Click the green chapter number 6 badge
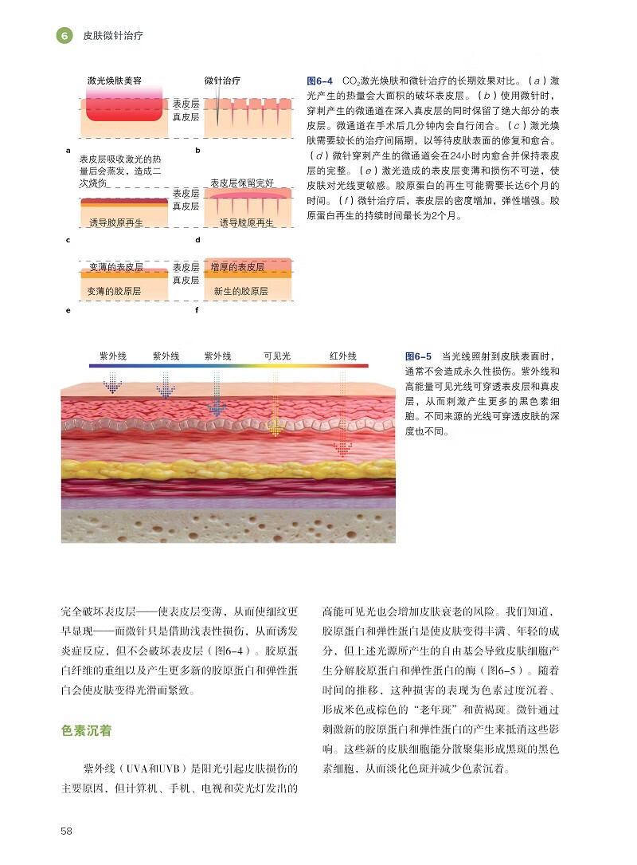64,36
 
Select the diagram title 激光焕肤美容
115,81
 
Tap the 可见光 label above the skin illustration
277,356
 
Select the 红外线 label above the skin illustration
343,356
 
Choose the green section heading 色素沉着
86,729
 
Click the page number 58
67,831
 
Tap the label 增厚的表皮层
238,267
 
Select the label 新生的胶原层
240,292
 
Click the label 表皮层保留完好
242,183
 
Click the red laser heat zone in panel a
123,107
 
